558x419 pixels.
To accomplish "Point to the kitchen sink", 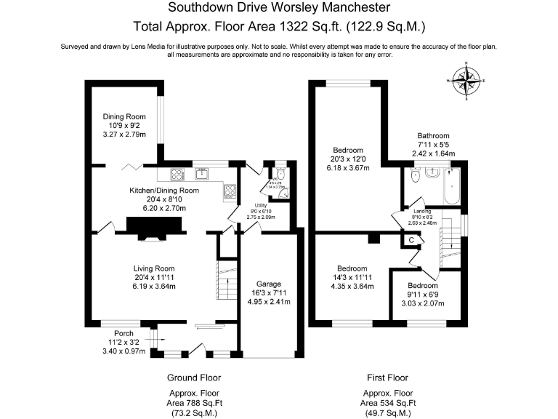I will click(201, 174).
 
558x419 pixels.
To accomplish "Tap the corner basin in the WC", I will click(284, 193).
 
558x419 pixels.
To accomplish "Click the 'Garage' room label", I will click(267, 284).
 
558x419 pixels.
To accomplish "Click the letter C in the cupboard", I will click(411, 239).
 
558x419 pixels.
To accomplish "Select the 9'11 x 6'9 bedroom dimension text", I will click(422, 295).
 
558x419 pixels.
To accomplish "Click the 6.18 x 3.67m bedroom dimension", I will click(348, 168).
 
